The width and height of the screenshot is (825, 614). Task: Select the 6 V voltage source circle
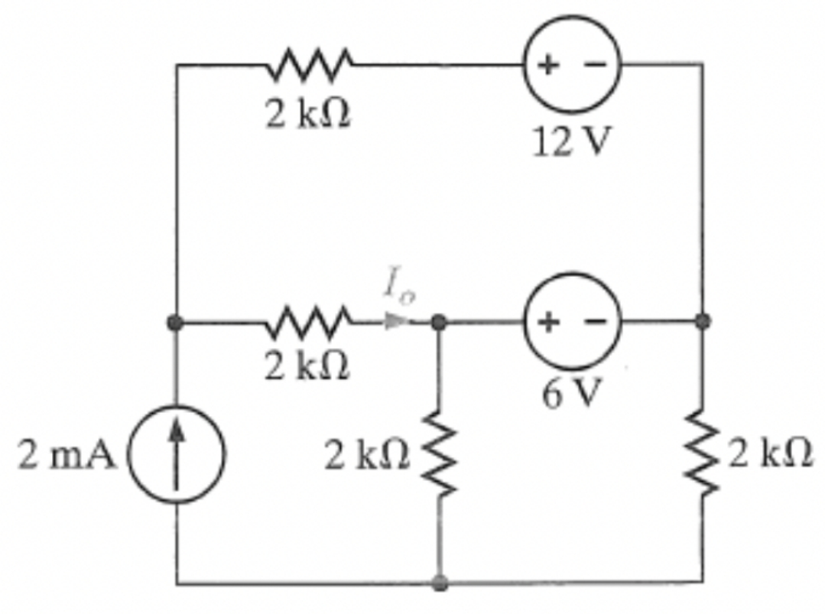pyautogui.click(x=572, y=322)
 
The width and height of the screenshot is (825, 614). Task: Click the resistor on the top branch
pyautogui.click(x=310, y=65)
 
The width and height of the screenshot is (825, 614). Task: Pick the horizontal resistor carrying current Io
pyautogui.click(x=310, y=321)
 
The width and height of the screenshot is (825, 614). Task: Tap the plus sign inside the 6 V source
pyautogui.click(x=548, y=322)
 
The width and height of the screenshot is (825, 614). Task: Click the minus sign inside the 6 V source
pyautogui.click(x=596, y=322)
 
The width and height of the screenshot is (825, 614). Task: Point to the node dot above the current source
pyautogui.click(x=177, y=322)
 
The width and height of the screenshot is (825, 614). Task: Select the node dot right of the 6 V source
pyautogui.click(x=702, y=322)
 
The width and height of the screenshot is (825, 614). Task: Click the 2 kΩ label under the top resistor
pyautogui.click(x=308, y=114)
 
